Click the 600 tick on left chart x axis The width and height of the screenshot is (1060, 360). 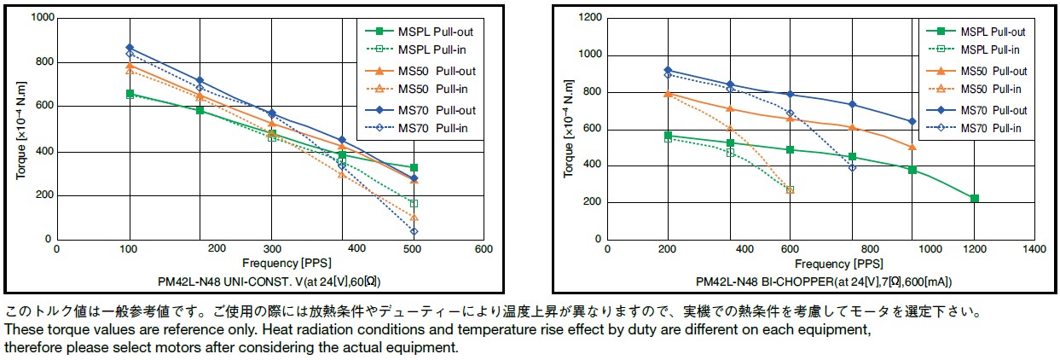[484, 249]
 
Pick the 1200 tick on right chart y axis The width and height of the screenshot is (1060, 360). [589, 18]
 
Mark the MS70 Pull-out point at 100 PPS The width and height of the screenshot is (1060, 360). [130, 48]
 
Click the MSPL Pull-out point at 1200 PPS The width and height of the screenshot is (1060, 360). [974, 199]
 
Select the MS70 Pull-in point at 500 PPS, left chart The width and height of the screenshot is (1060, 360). [414, 231]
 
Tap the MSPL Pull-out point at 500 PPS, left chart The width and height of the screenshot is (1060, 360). [414, 167]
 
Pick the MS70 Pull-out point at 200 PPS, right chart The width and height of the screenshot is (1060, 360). [668, 70]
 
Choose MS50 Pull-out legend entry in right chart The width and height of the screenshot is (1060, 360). [994, 71]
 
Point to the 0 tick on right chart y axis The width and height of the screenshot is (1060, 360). [597, 240]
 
